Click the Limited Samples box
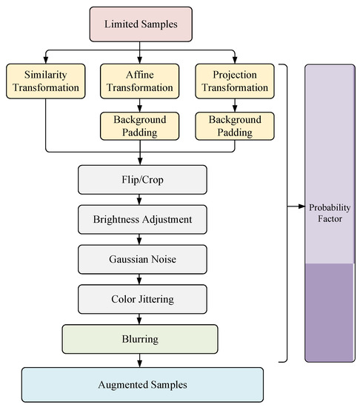141,24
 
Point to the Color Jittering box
140,300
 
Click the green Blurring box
140,338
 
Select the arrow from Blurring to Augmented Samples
140,360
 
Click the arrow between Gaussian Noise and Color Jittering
140,280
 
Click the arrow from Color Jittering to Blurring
140,319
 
